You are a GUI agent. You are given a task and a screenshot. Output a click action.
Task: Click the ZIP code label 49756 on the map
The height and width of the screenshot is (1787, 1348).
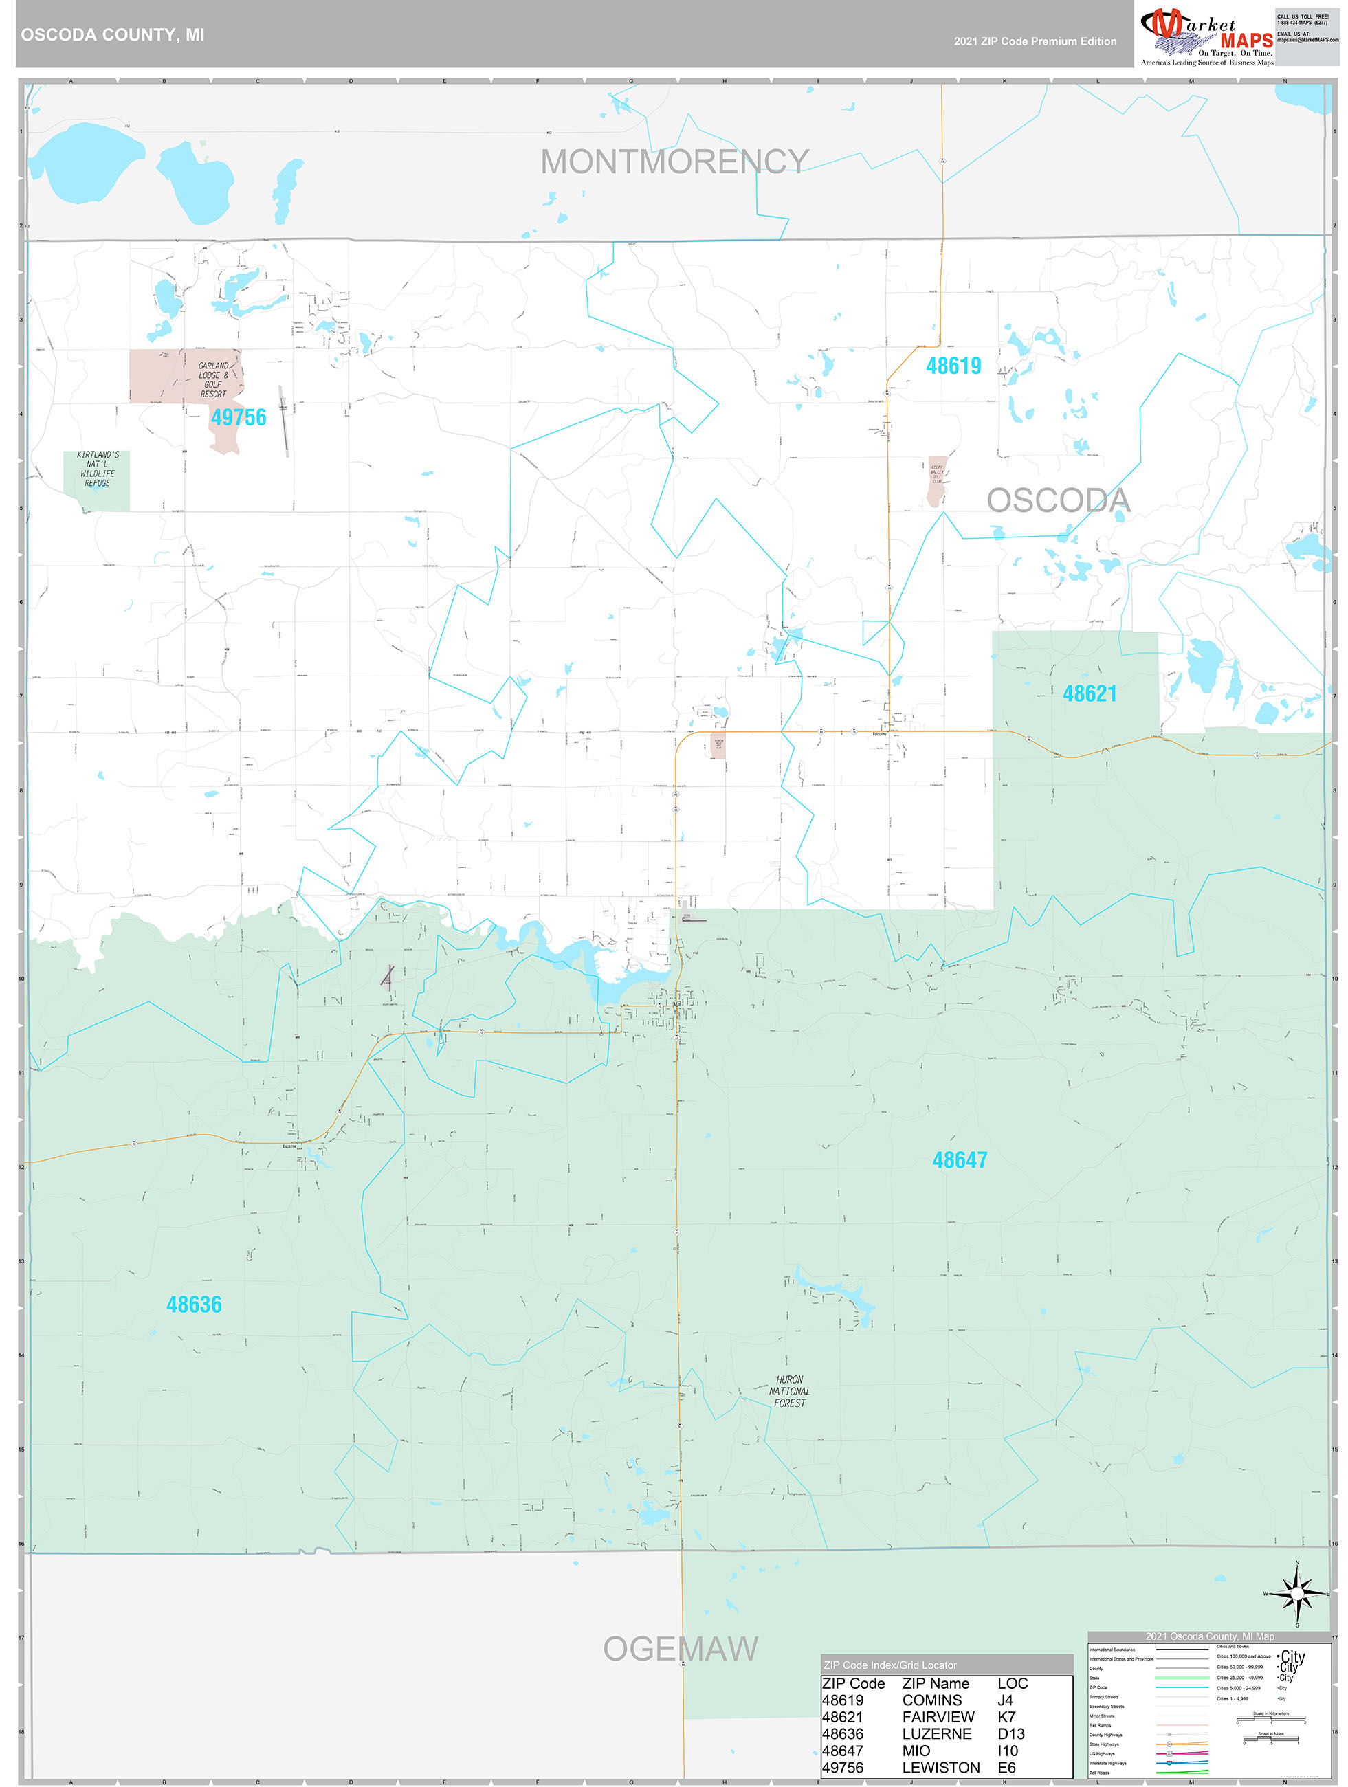(239, 418)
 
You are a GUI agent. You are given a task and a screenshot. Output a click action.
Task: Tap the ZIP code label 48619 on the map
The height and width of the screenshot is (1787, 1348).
(953, 366)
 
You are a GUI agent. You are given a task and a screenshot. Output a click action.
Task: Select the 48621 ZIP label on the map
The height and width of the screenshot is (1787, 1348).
(1090, 693)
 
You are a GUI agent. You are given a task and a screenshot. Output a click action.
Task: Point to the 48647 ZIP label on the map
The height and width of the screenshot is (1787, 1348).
(960, 1160)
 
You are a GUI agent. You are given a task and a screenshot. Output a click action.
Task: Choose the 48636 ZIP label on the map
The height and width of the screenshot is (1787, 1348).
(194, 1305)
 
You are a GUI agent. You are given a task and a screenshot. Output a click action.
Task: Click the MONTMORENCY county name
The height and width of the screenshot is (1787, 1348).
(675, 162)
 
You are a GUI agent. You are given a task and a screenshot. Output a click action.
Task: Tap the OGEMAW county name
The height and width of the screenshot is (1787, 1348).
(681, 1649)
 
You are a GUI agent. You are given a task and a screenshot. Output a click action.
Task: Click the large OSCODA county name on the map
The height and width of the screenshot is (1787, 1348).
(1058, 501)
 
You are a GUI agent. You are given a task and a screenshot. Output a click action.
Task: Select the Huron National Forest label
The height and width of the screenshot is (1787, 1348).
(790, 1391)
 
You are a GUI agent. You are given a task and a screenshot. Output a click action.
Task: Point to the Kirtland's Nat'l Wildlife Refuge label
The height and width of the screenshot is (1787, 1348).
(97, 469)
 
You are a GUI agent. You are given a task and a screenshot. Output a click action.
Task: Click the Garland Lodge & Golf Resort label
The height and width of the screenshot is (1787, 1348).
(213, 379)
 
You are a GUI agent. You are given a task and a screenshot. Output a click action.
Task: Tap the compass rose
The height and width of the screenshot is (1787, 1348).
(1297, 1593)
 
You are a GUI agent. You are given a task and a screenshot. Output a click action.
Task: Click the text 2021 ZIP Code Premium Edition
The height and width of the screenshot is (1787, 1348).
(1035, 41)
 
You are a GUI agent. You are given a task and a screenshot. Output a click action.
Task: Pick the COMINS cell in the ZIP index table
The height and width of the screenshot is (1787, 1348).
(932, 1700)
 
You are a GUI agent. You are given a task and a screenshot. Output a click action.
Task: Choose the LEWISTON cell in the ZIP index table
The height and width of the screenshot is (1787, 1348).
(940, 1768)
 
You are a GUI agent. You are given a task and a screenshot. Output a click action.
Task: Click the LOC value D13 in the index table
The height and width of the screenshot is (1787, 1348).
(1011, 1733)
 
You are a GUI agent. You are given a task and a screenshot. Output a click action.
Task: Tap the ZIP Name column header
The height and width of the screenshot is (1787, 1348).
(935, 1683)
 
